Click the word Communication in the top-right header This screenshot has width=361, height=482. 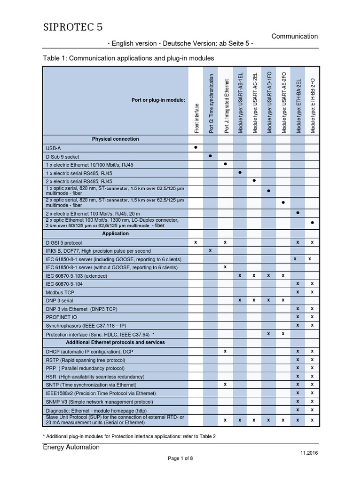(295, 36)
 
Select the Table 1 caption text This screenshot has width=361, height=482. (128, 58)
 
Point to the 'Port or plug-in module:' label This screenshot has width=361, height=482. (158, 100)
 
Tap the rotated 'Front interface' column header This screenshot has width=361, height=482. (196, 118)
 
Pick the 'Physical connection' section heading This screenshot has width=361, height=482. (115, 139)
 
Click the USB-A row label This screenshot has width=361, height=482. (53, 148)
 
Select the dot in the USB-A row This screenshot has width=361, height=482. (196, 147)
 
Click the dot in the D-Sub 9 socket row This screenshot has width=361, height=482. (210, 156)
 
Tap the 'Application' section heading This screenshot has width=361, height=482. (115, 233)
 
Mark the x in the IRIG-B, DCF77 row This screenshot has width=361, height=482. (210, 250)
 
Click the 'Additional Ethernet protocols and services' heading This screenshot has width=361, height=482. (115, 342)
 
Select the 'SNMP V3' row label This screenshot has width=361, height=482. (99, 402)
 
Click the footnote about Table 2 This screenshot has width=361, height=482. (129, 436)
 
